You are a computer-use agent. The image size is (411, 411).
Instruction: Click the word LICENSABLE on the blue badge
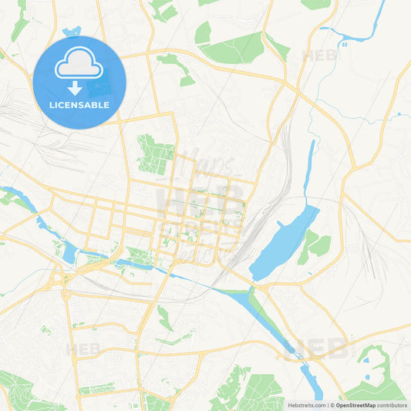(x=79, y=104)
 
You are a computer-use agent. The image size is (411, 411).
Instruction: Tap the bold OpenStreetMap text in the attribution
(x=355, y=405)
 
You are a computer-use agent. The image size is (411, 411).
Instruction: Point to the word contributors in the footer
(x=392, y=405)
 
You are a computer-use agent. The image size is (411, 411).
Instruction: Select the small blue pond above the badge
(x=72, y=32)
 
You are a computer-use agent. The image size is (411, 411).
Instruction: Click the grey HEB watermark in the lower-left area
(x=83, y=349)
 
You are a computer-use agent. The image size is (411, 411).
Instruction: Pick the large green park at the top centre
(x=231, y=48)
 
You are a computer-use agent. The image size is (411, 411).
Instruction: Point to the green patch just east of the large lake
(x=315, y=245)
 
